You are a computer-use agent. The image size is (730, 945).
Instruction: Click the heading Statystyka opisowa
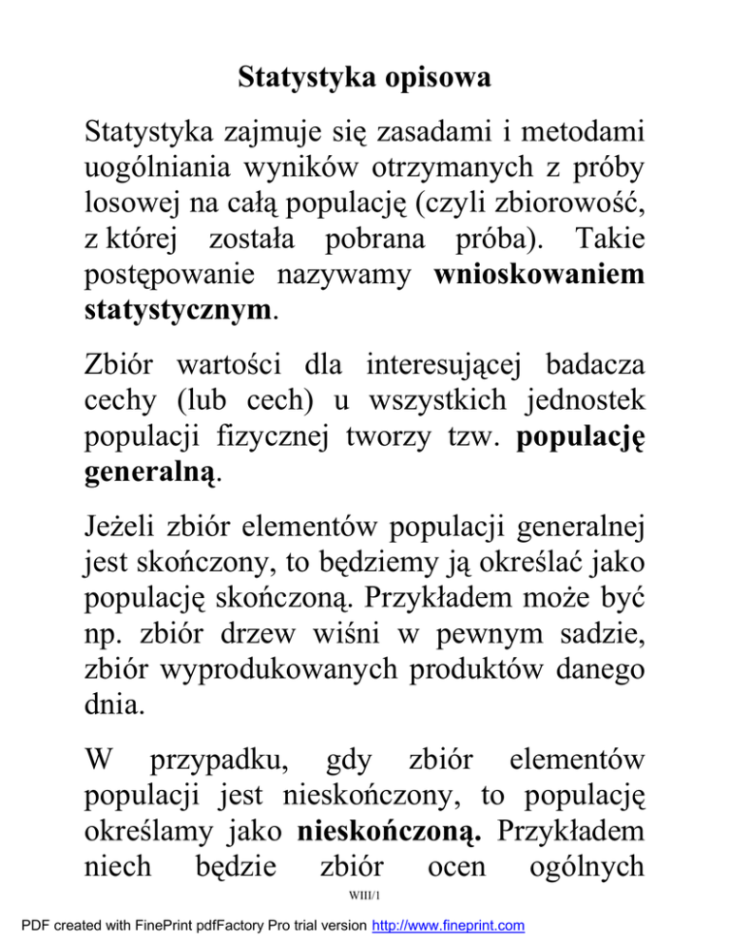[364, 77]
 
